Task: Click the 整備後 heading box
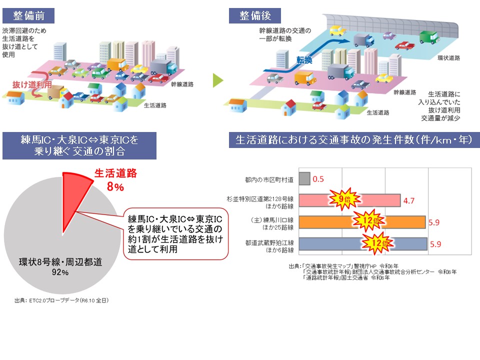click(255, 15)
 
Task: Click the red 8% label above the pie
click(114, 187)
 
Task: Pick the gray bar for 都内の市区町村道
click(303, 178)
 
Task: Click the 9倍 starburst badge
click(342, 199)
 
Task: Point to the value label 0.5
click(318, 178)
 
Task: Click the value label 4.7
click(409, 200)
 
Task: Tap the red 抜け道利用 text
click(32, 85)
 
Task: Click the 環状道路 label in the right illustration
click(448, 57)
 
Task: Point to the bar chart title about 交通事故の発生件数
click(353, 140)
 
